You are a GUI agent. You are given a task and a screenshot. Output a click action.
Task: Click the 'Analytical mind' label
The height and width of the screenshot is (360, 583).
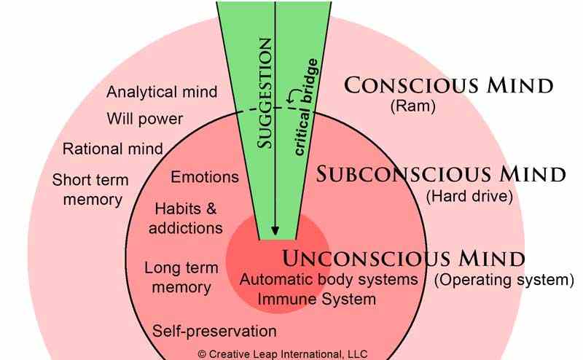(x=162, y=92)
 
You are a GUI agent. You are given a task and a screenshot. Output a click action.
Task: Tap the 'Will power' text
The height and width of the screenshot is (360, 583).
(x=144, y=118)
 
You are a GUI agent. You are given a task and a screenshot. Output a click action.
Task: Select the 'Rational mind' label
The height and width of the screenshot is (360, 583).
(x=112, y=149)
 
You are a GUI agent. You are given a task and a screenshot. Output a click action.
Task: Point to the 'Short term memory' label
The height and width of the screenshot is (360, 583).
(x=90, y=189)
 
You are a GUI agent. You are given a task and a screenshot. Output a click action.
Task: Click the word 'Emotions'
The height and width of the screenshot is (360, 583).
(x=205, y=177)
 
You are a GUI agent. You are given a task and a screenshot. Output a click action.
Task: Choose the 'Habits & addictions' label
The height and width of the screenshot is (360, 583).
(x=186, y=218)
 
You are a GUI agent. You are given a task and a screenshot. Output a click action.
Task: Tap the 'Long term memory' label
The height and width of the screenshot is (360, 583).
(x=178, y=277)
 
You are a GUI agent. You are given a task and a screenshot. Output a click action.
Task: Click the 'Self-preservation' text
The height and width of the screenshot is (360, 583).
(x=215, y=332)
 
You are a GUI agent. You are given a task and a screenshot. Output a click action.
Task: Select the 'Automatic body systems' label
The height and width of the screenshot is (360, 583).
(x=329, y=280)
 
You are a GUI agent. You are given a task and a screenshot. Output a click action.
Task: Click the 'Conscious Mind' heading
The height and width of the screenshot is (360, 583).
(x=449, y=86)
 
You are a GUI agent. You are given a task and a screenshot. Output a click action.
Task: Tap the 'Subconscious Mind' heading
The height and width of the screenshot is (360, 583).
(x=442, y=174)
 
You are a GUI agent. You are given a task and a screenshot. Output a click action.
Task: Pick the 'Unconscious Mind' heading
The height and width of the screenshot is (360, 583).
(x=403, y=258)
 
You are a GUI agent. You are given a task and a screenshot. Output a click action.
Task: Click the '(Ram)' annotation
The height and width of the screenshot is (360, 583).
(x=412, y=106)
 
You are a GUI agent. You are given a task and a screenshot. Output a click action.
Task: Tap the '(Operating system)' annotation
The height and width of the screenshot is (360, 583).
(x=504, y=280)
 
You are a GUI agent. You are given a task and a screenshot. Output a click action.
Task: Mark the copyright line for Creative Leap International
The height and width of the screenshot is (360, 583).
(x=283, y=353)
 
